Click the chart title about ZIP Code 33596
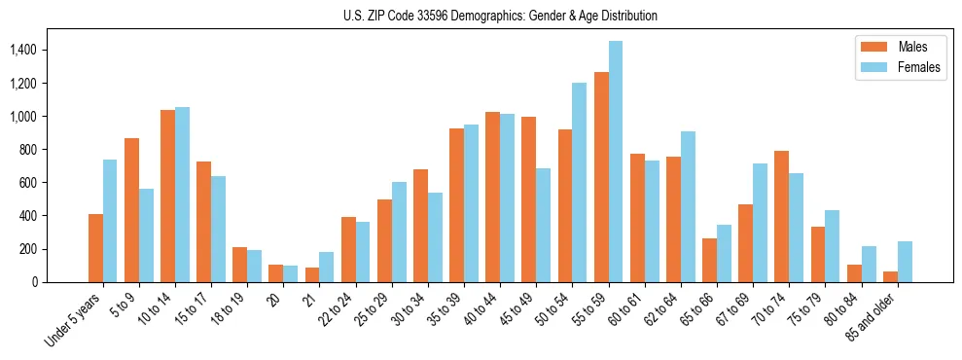pos(500,16)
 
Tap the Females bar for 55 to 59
pos(616,162)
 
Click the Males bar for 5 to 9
pos(131,210)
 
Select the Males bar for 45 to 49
pos(529,199)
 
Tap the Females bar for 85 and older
pos(905,262)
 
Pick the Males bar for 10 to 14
pos(167,196)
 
